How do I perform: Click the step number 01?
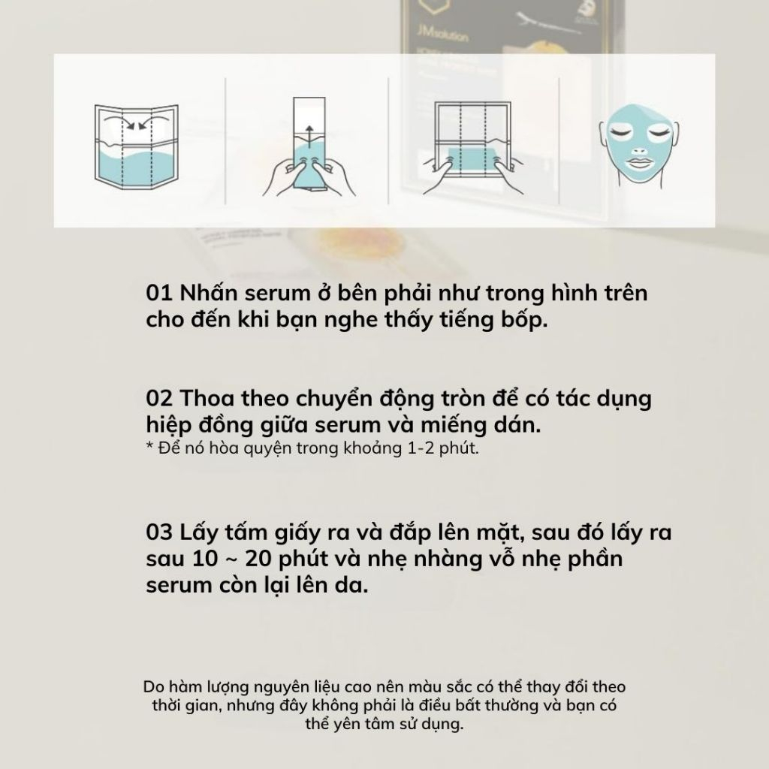click(x=159, y=293)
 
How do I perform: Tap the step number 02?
click(x=159, y=398)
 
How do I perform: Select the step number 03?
click(x=159, y=532)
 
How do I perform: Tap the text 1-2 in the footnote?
click(x=421, y=448)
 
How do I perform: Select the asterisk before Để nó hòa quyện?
click(x=149, y=446)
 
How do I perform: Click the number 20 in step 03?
click(x=258, y=559)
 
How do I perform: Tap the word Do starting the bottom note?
click(x=153, y=686)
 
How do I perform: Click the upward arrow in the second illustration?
click(x=309, y=135)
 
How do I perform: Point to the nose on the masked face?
click(x=638, y=149)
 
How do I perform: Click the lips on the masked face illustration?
click(x=638, y=162)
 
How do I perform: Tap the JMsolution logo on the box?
click(x=443, y=35)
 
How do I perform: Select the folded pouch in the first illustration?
click(x=137, y=146)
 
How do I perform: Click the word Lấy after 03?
click(x=198, y=532)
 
